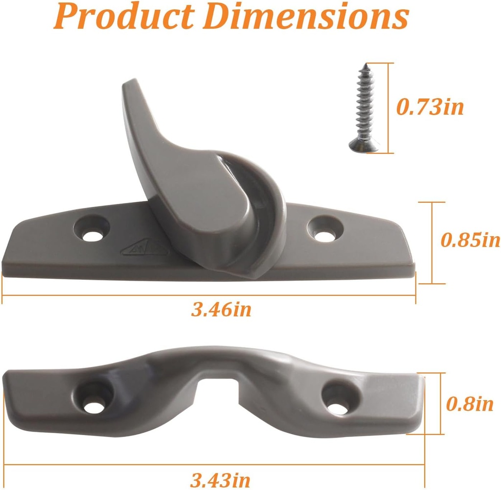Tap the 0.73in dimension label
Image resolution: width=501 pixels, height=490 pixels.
coord(430,107)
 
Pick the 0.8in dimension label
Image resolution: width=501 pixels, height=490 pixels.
coord(470,405)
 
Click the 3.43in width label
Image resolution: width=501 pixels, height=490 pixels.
coord(221,478)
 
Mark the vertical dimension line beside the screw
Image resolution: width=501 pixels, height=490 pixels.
coord(389,108)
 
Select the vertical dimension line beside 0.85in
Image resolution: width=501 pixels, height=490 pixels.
coord(432,243)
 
